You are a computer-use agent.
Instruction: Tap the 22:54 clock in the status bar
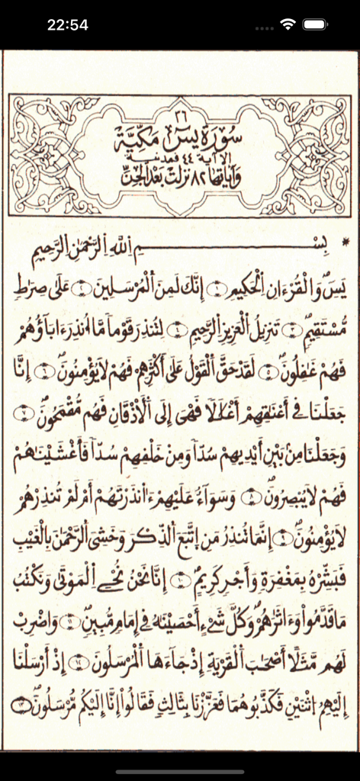click(67, 24)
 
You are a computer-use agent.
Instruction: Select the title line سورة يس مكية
click(180, 137)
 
